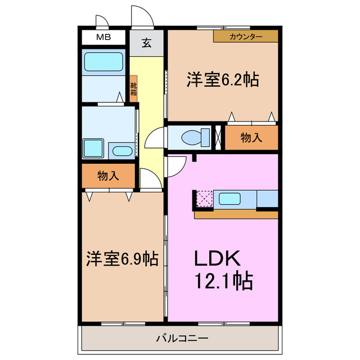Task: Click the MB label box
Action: [103, 38]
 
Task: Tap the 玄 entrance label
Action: [146, 43]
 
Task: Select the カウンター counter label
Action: [246, 37]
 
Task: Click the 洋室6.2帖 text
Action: [223, 80]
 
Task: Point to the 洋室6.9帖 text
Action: [121, 259]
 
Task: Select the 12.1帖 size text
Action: [223, 280]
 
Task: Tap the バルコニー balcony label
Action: [181, 339]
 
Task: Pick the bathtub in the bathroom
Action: [103, 62]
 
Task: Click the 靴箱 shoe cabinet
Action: [133, 89]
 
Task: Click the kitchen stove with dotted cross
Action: [203, 199]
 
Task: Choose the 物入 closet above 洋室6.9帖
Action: [108, 176]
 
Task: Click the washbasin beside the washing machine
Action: [121, 150]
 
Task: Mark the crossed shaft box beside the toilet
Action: [219, 137]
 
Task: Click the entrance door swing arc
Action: [143, 16]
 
